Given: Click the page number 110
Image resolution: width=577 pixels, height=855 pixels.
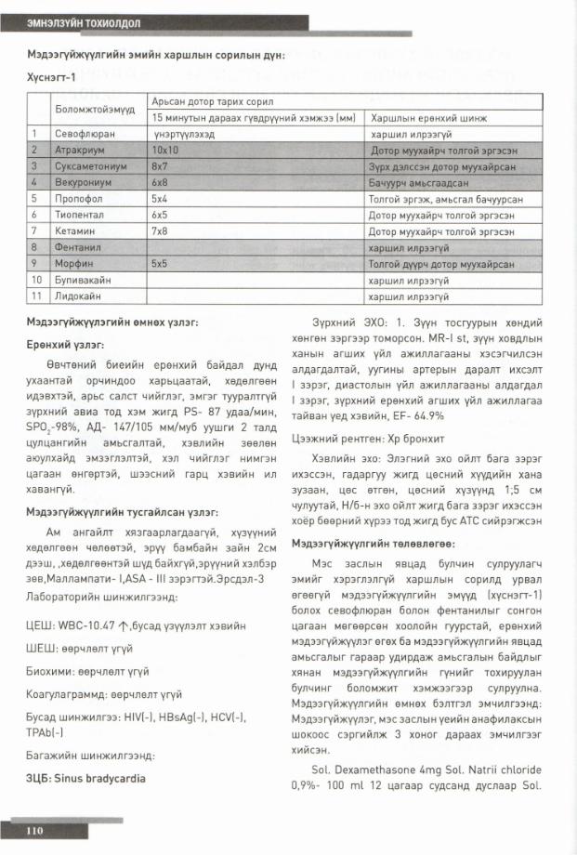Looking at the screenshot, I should [35, 830].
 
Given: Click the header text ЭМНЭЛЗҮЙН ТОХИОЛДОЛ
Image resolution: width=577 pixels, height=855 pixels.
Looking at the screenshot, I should [77, 20].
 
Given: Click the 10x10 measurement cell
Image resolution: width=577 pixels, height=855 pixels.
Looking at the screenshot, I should [165, 149].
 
